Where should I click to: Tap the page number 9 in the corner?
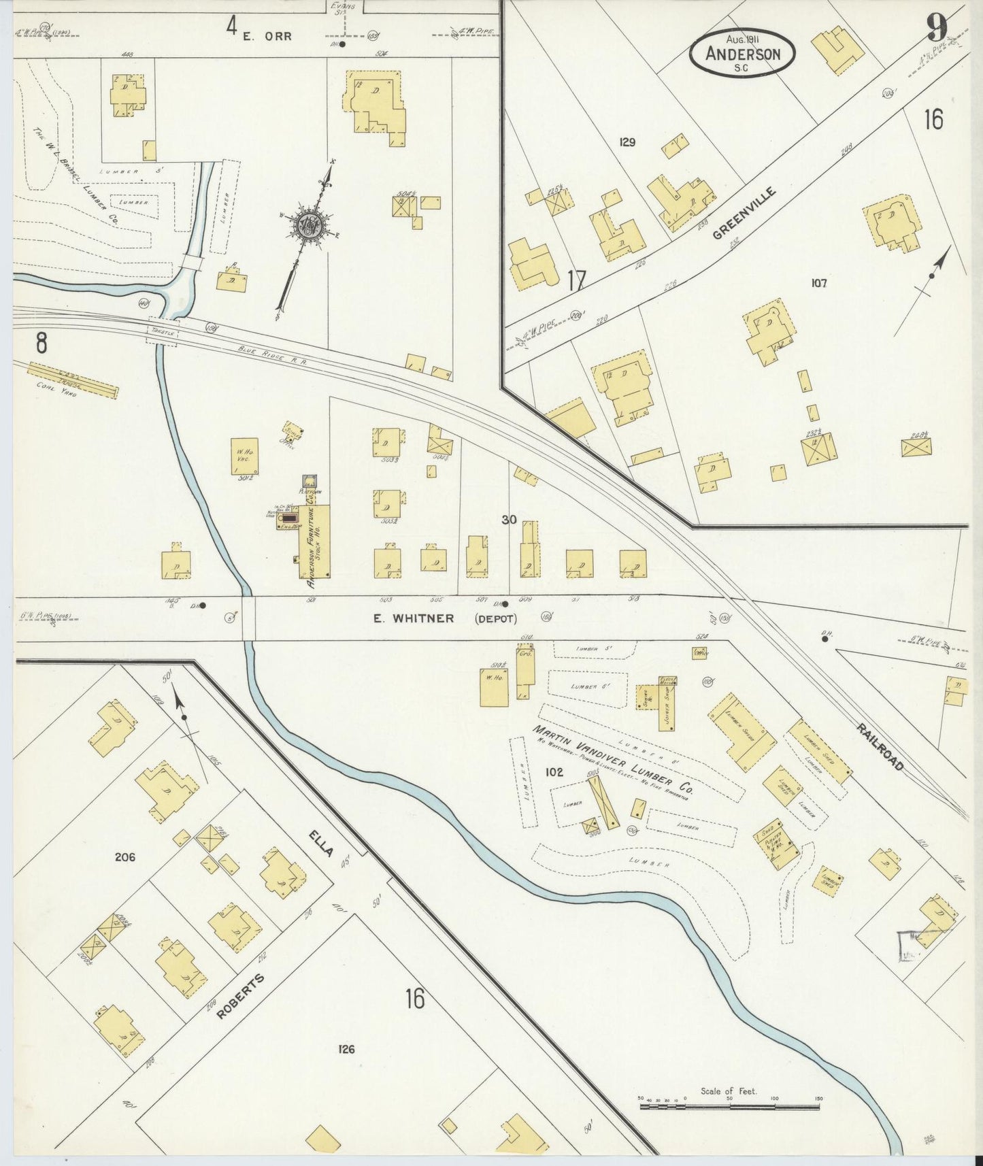[937, 29]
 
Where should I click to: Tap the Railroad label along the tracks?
[880, 746]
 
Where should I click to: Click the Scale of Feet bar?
[729, 1107]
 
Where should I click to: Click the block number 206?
[125, 857]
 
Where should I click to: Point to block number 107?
[818, 283]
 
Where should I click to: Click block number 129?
[627, 142]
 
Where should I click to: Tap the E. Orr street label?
[267, 36]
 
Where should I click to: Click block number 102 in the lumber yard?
[554, 772]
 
